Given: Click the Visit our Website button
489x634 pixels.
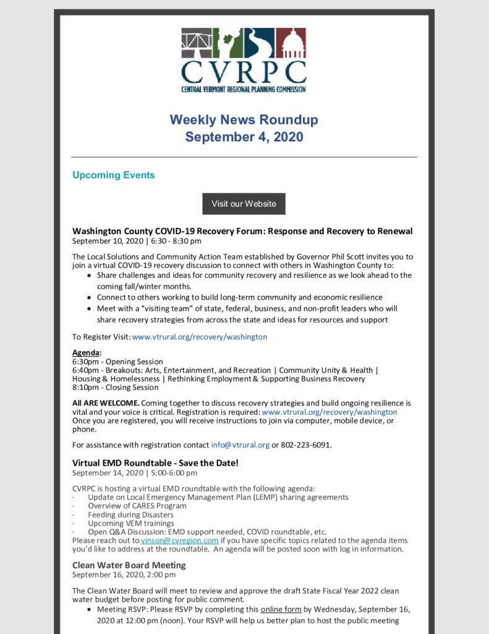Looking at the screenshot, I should [244, 204].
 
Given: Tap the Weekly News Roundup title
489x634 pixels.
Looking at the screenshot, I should [244, 119].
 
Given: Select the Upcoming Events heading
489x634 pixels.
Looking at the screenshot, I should [113, 175].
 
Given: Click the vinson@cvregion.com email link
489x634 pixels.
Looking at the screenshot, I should [179, 541].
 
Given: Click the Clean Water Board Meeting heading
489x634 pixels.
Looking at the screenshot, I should [129, 565].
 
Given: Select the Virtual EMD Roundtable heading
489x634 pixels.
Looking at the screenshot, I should [155, 463].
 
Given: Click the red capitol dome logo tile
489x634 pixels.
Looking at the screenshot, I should [291, 43].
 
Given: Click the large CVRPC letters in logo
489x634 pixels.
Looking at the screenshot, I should [244, 72].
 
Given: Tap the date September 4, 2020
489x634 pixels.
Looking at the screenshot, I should [244, 137].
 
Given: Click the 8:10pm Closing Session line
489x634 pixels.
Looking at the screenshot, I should [115, 388].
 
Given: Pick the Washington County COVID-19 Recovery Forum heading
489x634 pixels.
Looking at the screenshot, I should [242, 232].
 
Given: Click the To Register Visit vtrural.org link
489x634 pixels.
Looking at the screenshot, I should [200, 337].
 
